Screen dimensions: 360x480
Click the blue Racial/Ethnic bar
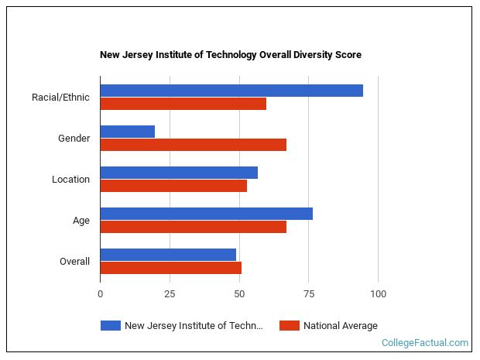pos(231,91)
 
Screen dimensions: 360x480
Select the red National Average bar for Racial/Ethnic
pos(183,104)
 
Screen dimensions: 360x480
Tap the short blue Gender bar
pos(128,132)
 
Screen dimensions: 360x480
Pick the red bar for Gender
pos(194,145)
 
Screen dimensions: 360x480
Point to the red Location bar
pos(173,186)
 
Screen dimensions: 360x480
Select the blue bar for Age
pos(207,214)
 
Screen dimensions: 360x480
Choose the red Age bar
pos(194,227)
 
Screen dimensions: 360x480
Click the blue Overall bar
pos(168,255)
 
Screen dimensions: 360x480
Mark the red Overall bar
pos(171,268)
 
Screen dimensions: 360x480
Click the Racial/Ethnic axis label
pos(60,98)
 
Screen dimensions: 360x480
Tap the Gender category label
pos(74,139)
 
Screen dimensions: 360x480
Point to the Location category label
pos(70,180)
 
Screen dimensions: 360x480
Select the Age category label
pos(81,221)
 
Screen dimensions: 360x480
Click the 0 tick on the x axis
pos(100,294)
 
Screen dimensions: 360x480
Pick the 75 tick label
pos(308,294)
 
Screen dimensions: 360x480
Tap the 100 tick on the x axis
pos(378,294)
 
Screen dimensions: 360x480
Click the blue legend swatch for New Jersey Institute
pos(111,326)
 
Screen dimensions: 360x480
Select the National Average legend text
pos(341,326)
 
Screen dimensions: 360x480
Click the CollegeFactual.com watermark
pos(425,343)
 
